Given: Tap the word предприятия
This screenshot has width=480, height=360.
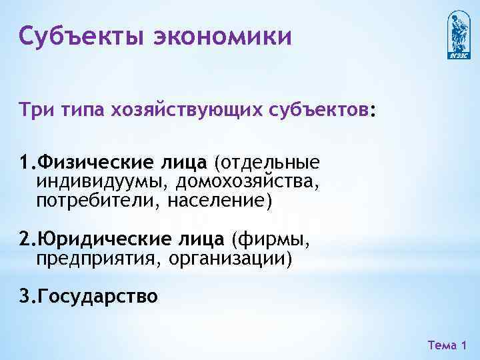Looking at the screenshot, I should [x=95, y=257].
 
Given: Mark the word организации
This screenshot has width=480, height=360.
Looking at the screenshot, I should [x=231, y=257].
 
